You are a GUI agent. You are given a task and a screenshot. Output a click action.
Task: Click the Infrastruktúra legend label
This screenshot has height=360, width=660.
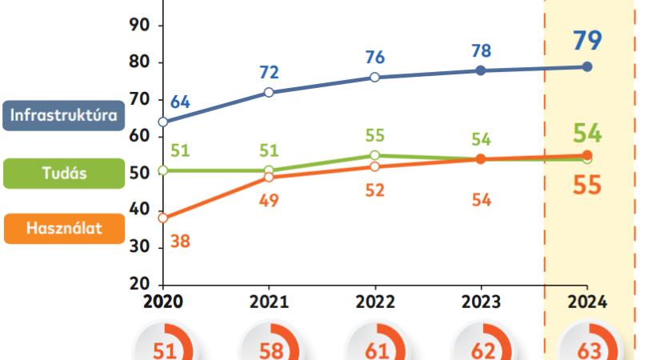tap(64, 114)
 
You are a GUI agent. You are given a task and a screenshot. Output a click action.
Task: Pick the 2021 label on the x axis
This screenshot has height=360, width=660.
tap(269, 302)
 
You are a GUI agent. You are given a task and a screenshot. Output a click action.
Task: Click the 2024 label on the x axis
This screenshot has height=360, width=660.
tap(586, 302)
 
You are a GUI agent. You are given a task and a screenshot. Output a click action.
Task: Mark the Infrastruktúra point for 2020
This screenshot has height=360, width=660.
tap(163, 122)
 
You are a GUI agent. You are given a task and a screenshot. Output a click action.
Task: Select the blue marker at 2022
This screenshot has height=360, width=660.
tap(374, 78)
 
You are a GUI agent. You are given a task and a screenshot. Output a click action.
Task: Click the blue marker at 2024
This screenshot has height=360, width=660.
tap(586, 66)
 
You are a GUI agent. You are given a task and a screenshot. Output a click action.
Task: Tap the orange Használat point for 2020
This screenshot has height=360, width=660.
tap(163, 218)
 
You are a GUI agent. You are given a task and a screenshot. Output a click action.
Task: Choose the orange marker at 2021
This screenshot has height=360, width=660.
tap(269, 178)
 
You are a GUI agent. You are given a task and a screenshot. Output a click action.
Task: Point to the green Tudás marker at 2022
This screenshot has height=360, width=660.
tap(374, 155)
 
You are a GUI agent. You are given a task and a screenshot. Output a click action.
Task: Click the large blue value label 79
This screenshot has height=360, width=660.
tap(588, 40)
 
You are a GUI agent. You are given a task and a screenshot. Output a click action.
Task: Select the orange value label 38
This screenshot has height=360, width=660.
tap(180, 240)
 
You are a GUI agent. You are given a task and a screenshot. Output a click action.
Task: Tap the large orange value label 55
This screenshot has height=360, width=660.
tap(588, 186)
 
